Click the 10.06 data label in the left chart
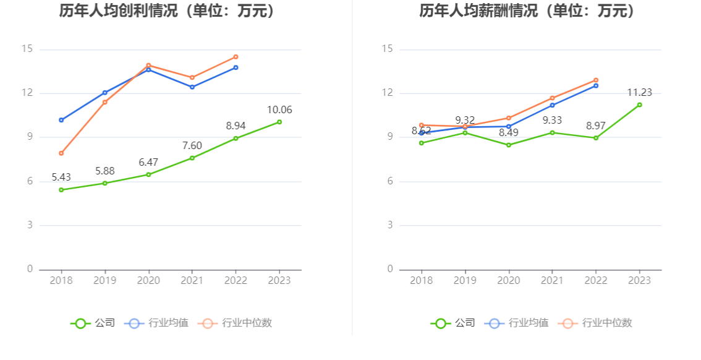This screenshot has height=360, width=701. click(279, 110)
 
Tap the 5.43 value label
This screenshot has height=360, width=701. click(62, 178)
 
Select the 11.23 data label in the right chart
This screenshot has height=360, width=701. click(639, 93)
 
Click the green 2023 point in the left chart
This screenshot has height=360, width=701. click(279, 122)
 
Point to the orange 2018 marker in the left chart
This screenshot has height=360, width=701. click(61, 153)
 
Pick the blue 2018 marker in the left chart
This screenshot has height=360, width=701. click(61, 120)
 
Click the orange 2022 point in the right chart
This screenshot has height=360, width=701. click(596, 80)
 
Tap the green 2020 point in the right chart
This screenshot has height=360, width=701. click(509, 145)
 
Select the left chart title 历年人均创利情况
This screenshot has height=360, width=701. click(168, 11)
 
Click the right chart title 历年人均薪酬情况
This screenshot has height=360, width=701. click(527, 11)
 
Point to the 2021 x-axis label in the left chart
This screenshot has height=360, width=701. click(192, 281)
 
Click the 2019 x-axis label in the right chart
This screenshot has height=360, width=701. click(465, 281)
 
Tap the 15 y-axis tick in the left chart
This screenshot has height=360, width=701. click(27, 49)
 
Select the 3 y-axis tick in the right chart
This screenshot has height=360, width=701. click(390, 225)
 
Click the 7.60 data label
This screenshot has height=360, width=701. click(192, 146)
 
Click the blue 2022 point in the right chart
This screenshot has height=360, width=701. click(596, 85)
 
